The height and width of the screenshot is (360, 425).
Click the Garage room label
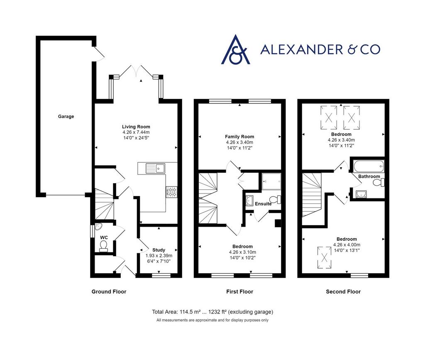[66, 116]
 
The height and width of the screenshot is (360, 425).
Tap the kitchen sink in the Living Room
[155, 168]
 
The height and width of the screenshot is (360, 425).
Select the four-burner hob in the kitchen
[171, 192]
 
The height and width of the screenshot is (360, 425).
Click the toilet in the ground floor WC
[103, 245]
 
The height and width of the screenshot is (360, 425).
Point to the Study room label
[159, 250]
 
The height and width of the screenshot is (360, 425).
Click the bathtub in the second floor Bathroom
[369, 166]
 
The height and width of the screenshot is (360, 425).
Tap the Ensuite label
[263, 203]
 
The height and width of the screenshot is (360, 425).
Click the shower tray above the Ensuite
[271, 181]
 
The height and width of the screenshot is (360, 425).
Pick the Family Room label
[239, 137]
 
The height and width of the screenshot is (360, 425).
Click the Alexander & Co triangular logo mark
[236, 49]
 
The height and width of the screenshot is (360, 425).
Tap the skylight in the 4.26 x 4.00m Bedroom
[324, 257]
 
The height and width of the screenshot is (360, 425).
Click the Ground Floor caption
[109, 291]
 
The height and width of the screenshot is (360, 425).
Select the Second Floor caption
[343, 291]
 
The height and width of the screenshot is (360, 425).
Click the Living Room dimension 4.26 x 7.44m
[136, 132]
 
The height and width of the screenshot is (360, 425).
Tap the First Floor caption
[239, 291]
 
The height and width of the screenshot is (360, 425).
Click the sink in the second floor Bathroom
[361, 194]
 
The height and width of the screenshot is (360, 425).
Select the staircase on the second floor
[312, 195]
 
